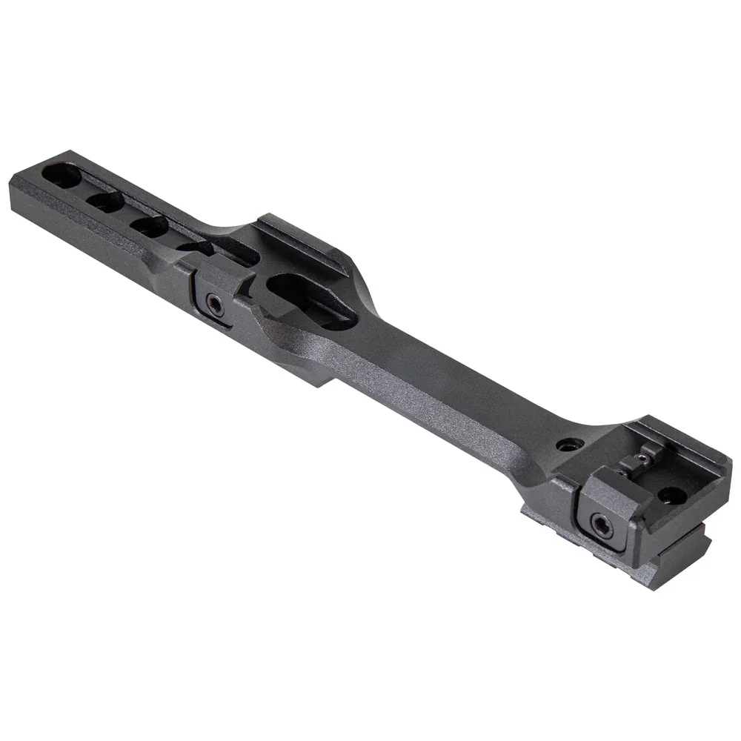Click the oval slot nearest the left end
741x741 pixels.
[62, 176]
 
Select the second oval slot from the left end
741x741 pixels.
[105, 201]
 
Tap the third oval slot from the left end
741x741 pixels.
[151, 226]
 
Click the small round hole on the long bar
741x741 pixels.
[568, 445]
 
